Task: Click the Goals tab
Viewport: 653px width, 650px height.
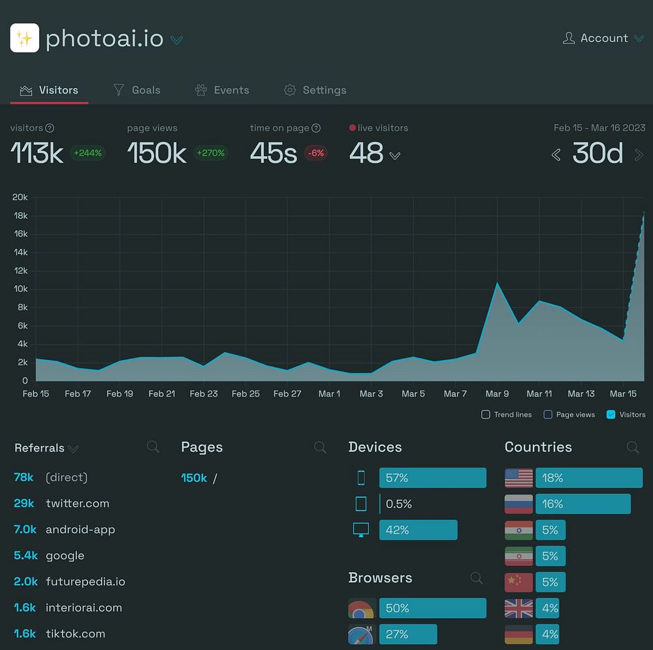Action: coord(137,90)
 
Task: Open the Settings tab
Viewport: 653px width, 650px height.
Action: coord(315,90)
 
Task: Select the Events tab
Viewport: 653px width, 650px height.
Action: coord(222,90)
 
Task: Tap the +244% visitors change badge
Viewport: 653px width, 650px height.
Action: coord(87,153)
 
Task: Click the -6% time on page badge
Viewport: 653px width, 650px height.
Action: coord(316,153)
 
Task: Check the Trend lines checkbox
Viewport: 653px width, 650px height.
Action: coord(485,414)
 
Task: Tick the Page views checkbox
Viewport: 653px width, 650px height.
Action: coord(548,414)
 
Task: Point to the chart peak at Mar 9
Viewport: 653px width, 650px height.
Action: coord(498,284)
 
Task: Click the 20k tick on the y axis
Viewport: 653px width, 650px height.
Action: coord(20,197)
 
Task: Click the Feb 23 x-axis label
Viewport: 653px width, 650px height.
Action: coord(204,394)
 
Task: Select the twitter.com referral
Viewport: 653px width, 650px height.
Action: coord(77,504)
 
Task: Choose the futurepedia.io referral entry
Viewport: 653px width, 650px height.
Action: coord(85,581)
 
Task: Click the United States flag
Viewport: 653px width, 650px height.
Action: coord(518,478)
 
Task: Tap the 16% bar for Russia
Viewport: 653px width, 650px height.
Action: coord(582,504)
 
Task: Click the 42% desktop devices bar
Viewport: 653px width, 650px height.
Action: coord(418,530)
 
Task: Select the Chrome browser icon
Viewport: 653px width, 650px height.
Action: coord(361,609)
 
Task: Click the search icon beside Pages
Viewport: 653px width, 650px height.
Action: coord(320,447)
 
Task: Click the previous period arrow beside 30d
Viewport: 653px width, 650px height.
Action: coord(556,155)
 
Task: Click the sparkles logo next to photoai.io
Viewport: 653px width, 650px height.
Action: coord(25,39)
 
